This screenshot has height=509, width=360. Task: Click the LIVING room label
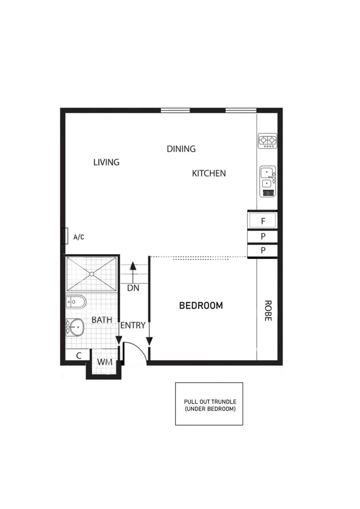106,162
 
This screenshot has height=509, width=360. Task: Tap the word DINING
181,149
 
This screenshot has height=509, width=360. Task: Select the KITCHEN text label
209,173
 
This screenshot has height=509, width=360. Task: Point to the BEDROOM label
201,305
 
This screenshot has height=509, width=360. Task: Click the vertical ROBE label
268,311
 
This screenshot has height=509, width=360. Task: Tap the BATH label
102,320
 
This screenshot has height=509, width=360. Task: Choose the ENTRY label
133,326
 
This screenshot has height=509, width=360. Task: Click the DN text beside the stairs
133,288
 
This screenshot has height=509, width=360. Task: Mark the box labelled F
263,220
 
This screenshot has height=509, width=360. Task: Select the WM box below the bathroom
104,362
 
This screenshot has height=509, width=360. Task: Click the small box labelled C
79,356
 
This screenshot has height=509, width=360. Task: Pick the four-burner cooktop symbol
268,141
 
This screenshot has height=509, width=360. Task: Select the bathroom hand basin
75,326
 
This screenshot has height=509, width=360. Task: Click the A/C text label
79,237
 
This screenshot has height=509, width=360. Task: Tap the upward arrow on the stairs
133,266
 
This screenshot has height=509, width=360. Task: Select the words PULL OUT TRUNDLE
209,402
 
